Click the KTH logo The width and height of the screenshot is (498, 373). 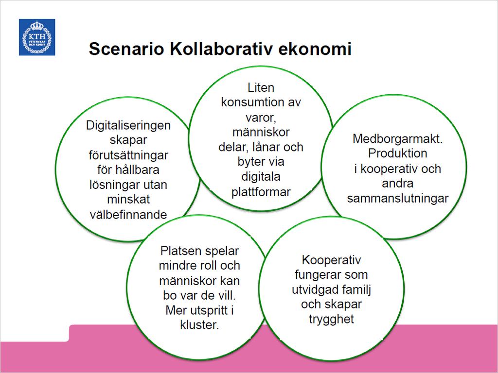point(37,37)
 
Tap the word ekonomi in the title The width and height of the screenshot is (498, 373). point(315,49)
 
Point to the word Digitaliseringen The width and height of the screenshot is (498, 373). point(128,126)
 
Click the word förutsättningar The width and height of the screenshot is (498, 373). point(128,155)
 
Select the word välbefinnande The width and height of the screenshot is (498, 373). point(128,215)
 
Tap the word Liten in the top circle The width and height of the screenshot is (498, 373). point(261,87)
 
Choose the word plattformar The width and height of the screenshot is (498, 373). point(261,192)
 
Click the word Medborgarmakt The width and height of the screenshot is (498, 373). point(397,139)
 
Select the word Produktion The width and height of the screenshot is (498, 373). point(397,153)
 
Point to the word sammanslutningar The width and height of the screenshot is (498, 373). point(397,198)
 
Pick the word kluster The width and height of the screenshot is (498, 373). point(199,325)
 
